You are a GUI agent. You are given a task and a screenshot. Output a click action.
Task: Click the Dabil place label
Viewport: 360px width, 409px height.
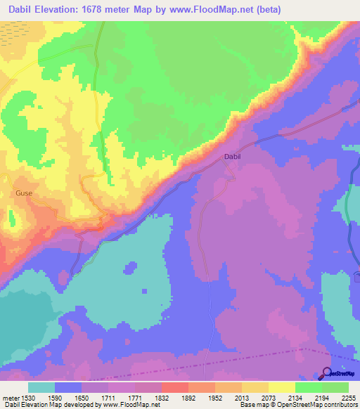232,157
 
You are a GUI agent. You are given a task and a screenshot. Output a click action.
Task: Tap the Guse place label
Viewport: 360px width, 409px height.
24,192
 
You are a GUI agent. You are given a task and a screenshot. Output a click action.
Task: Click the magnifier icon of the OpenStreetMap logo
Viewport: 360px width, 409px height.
326,372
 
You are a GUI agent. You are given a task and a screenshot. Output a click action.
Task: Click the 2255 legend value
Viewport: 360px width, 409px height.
349,397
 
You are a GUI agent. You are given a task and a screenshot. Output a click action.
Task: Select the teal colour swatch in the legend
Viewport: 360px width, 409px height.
41,387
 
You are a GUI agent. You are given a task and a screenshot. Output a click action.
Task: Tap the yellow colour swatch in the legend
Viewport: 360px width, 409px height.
281,387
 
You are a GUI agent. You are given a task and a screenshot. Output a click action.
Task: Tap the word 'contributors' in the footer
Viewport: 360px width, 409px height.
342,405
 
